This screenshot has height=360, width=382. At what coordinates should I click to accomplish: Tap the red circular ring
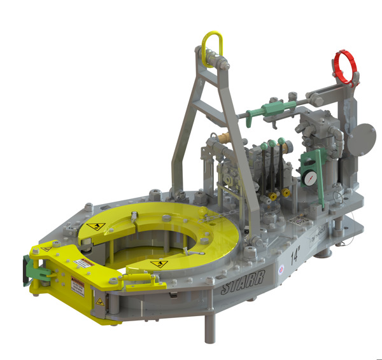(344, 66)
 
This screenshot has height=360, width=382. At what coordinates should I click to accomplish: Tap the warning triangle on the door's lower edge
(99, 301)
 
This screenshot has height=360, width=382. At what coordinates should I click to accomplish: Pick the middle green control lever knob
(272, 145)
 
